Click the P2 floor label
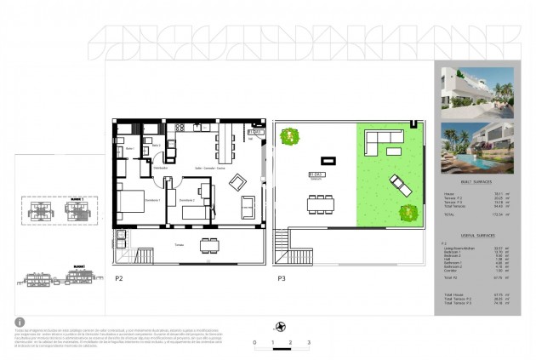point(118,277)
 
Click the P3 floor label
point(281,277)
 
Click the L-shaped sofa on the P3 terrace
point(382,140)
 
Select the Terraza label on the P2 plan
point(179,243)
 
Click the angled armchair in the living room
point(238,180)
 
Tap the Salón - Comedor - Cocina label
point(208,169)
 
